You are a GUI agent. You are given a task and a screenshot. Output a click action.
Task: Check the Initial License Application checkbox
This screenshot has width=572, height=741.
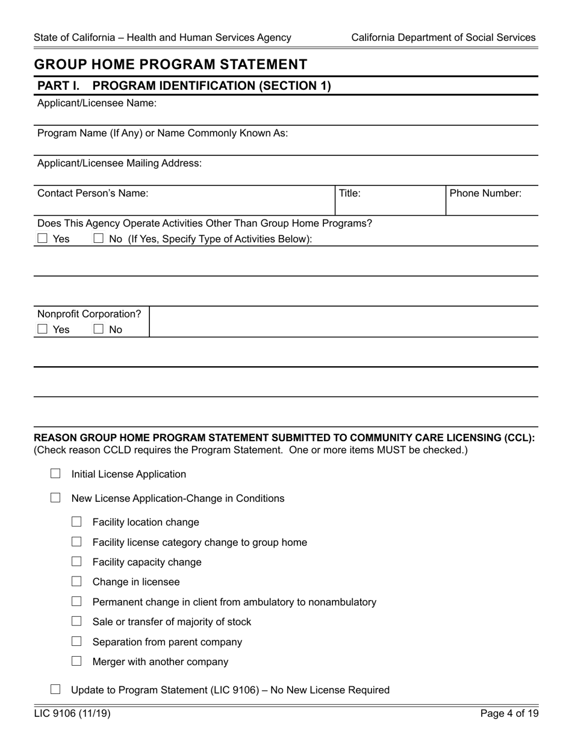pos(55,474)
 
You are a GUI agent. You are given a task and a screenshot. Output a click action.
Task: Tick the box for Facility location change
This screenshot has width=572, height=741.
pos(76,522)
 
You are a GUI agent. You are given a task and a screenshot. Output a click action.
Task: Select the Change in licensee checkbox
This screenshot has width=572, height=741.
pos(76,581)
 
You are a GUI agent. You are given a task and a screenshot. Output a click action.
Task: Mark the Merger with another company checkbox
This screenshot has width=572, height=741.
pos(76,661)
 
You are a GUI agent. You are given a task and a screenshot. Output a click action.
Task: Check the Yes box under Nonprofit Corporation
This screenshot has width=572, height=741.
pos(42,329)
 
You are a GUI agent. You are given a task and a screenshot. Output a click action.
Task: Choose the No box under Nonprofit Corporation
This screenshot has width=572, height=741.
pos(99,329)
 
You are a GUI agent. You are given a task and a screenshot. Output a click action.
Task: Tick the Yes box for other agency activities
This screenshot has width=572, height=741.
pos(42,238)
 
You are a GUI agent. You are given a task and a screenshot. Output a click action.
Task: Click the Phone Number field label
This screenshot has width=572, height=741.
pos(485,193)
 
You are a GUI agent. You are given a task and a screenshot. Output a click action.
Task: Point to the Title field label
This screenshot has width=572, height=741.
pos(350,193)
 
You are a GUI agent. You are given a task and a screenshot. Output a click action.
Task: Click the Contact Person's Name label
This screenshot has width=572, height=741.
pos(93,193)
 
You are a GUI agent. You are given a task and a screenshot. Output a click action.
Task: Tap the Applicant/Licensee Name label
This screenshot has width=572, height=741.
pos(97,103)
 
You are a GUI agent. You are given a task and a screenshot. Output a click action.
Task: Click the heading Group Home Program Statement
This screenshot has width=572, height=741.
pos(170,64)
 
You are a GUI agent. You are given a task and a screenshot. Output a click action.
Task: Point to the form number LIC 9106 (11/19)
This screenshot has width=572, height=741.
pos(72,714)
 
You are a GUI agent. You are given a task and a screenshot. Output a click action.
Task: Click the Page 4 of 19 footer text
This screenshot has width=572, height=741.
pos(509,714)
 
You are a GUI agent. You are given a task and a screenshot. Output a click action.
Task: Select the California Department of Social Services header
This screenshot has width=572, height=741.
pos(443,37)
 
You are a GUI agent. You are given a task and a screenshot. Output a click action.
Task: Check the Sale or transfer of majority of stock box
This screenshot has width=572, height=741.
pos(76,621)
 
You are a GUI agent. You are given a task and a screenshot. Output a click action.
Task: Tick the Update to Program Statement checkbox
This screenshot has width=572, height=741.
pos(55,689)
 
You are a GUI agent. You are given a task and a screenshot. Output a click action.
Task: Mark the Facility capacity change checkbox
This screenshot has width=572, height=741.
pos(76,561)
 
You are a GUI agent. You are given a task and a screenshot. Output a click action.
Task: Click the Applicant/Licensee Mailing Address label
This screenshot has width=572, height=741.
pos(120,163)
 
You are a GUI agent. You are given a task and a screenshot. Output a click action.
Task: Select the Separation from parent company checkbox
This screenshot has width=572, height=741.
pos(76,641)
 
